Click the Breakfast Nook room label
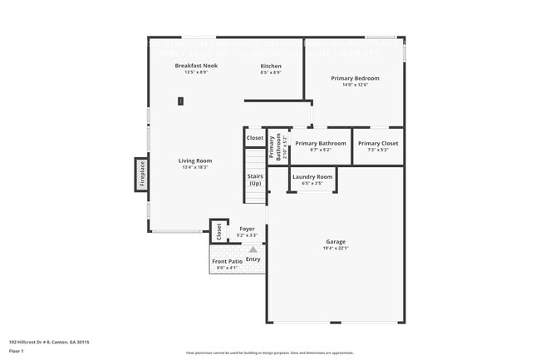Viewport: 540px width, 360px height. [196, 66]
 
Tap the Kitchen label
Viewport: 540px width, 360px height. [271, 66]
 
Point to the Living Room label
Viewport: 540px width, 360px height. [195, 160]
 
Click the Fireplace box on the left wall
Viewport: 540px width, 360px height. [142, 176]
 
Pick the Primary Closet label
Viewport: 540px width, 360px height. [378, 143]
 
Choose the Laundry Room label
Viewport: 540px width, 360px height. [312, 177]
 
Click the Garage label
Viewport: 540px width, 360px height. [336, 243]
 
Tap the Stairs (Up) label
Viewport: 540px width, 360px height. [255, 180]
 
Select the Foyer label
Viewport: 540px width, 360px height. [247, 229]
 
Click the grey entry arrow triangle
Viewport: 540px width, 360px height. [253, 249]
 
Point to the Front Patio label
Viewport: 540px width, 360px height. [227, 262]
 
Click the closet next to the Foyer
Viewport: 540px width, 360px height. [218, 231]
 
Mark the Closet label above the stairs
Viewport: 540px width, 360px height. [255, 138]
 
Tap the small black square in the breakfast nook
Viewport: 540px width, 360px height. [180, 101]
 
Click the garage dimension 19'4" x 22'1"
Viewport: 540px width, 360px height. [336, 249]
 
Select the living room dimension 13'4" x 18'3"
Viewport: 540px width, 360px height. [195, 167]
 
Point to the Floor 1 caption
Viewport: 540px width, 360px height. [17, 351]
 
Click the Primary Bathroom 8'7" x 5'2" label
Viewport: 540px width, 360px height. [321, 145]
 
